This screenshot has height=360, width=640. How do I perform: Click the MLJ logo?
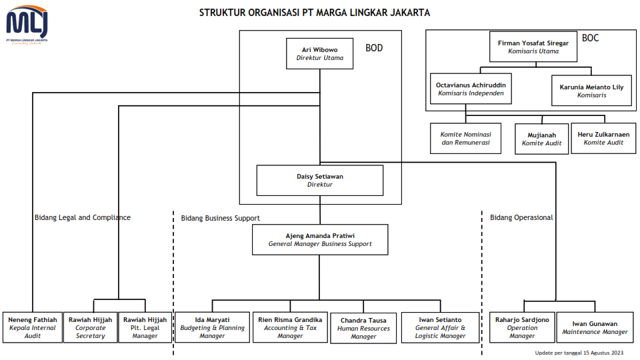click(27, 25)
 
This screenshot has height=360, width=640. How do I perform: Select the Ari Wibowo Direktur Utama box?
click(319, 53)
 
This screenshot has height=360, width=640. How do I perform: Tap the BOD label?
click(374, 48)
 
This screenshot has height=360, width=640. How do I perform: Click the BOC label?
click(590, 38)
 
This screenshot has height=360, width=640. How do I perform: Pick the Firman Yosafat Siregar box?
click(533, 47)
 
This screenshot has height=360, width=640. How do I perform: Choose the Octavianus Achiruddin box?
click(471, 89)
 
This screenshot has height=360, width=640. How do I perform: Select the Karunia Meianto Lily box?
click(591, 91)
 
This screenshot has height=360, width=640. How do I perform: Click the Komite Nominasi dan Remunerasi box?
click(466, 139)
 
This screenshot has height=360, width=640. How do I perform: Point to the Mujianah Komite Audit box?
click(541, 139)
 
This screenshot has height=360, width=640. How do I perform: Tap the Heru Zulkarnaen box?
click(603, 139)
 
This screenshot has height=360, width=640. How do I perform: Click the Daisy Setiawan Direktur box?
click(319, 181)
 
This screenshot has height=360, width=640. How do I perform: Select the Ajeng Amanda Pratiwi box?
click(320, 239)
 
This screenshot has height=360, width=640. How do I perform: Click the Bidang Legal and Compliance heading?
click(83, 217)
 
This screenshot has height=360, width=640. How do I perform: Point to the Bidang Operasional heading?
click(521, 217)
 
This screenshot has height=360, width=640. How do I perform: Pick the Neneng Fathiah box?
click(33, 327)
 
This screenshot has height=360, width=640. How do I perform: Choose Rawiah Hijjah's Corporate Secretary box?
click(90, 327)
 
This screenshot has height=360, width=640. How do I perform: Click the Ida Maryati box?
click(212, 327)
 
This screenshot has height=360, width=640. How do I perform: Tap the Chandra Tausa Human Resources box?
click(363, 328)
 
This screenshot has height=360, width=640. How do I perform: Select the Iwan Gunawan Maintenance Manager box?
click(595, 327)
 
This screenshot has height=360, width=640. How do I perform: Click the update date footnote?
click(579, 353)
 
